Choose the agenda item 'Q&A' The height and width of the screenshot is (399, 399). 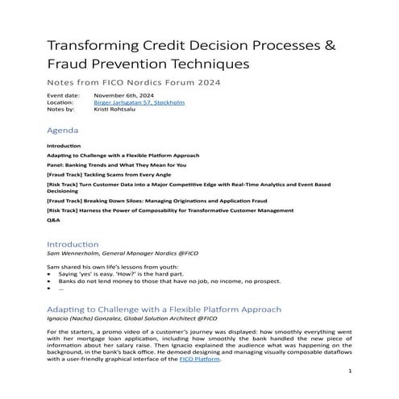click(54, 218)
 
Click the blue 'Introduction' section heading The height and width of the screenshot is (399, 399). click(73, 243)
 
